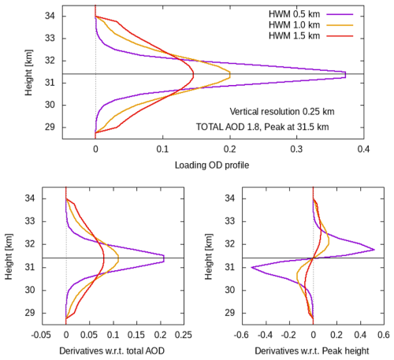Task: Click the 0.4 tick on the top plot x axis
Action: [x=363, y=147]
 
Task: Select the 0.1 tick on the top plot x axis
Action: [x=162, y=147]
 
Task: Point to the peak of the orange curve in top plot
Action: [x=230, y=74]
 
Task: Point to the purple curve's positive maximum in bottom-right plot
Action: [x=374, y=250]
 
